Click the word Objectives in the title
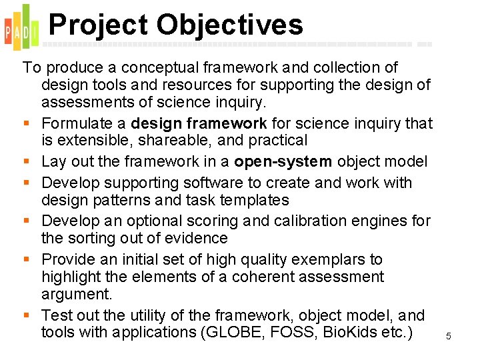point(230,25)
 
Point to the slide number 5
point(449,337)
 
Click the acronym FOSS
point(288,332)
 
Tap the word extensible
point(89,141)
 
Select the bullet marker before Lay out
point(26,162)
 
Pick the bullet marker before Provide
point(26,260)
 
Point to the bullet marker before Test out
point(26,315)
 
